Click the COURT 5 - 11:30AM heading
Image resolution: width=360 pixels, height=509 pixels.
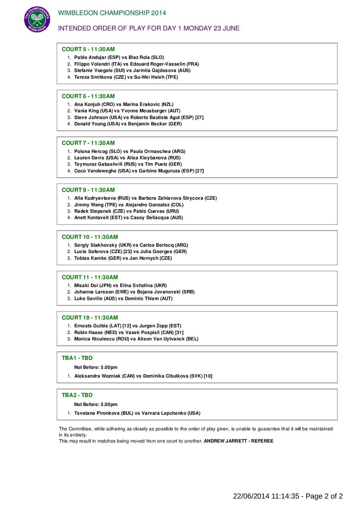(x=88, y=49)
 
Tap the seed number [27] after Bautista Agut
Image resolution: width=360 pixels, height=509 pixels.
(x=199, y=117)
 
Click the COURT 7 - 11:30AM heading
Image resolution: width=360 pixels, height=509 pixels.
(x=88, y=143)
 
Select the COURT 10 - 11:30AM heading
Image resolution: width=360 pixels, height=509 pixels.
(x=90, y=237)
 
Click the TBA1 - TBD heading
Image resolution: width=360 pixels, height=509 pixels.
(x=77, y=358)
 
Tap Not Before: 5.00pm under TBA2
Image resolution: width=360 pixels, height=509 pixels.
(x=96, y=405)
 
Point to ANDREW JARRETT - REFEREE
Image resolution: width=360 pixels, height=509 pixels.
(x=238, y=441)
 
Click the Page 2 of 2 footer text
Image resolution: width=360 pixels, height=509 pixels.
(x=324, y=496)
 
